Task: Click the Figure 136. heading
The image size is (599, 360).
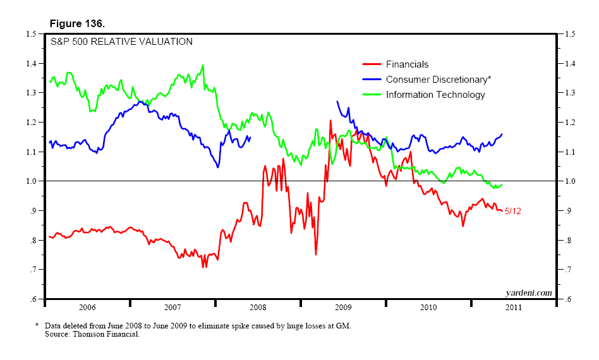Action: [x=78, y=23]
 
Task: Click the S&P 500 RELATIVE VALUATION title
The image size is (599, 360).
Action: [x=122, y=42]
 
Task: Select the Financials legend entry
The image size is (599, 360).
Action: [x=407, y=64]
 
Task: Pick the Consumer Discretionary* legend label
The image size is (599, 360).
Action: [x=438, y=80]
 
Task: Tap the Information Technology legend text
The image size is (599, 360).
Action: [x=435, y=95]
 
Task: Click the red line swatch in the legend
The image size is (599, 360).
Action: [x=372, y=64]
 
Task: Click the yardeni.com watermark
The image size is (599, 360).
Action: [x=528, y=292]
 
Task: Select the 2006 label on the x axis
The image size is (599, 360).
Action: [x=87, y=308]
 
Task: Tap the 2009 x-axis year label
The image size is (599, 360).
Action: [x=343, y=308]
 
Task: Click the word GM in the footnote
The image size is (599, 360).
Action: [x=341, y=326]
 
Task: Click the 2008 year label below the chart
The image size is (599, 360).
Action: [x=258, y=308]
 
